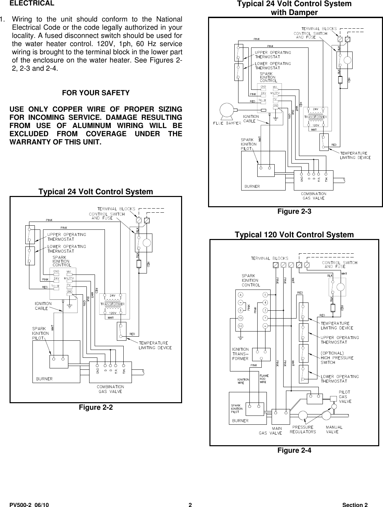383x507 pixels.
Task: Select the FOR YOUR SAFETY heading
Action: (96, 93)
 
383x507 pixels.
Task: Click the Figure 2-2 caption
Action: (96, 407)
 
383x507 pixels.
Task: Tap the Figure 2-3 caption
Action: (294, 211)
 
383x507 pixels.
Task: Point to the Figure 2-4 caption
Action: (294, 450)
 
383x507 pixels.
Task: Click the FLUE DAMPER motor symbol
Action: (226, 110)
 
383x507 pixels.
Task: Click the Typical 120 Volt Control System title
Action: (294, 235)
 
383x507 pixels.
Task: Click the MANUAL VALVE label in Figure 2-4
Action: (334, 429)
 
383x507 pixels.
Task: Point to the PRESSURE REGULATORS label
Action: (303, 429)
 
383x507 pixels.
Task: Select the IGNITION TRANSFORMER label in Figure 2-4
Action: (240, 354)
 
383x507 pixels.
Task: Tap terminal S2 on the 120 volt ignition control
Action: (241, 326)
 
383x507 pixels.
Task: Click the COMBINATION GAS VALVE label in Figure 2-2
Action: (110, 389)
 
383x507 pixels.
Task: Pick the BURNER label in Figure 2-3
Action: (252, 186)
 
